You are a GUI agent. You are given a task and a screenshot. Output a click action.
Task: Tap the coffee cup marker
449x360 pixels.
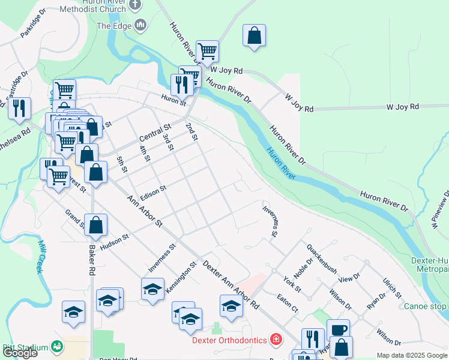(338, 329)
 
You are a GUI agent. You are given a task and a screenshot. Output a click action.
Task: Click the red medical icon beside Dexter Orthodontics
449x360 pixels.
(276, 340)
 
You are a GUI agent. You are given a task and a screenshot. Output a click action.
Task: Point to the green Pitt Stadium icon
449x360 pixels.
(57, 346)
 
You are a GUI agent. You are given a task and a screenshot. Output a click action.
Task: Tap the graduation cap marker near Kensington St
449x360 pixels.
(153, 289)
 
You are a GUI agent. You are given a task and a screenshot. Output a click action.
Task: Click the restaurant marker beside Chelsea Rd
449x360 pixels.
(19, 108)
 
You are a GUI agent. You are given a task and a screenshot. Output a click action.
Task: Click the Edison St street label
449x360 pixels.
(152, 192)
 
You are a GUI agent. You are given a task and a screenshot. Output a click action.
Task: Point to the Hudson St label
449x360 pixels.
(115, 239)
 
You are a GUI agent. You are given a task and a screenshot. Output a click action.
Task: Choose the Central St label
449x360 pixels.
(155, 131)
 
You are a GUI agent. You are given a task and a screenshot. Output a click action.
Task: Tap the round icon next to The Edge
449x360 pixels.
(141, 25)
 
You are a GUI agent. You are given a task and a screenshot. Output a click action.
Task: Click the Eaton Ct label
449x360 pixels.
(287, 301)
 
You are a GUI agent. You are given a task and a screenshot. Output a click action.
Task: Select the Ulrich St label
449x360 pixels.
(392, 288)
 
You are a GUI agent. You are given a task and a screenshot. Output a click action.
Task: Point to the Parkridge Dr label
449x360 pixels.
(32, 25)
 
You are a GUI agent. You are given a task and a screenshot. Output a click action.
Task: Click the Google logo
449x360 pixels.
(20, 353)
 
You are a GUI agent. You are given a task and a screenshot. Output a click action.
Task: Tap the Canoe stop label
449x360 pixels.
(426, 306)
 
